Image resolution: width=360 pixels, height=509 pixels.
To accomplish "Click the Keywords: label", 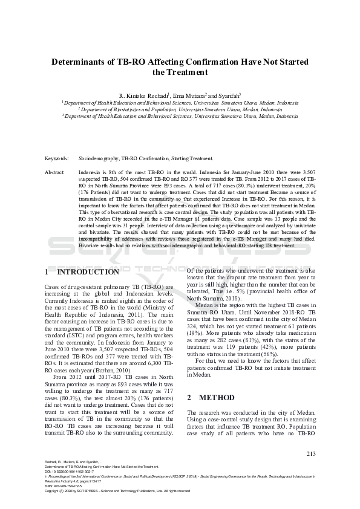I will coord(57,158).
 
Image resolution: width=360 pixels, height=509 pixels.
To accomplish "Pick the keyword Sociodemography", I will coord(99,158).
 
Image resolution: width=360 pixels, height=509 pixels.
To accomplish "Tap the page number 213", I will coord(312,454).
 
